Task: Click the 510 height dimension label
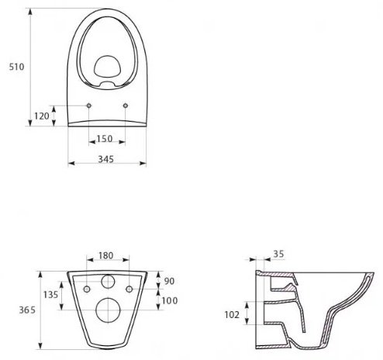[x=16, y=67]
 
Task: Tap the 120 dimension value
[x=42, y=116]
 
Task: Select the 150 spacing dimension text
[x=105, y=139]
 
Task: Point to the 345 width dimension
[x=106, y=159]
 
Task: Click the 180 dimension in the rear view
[x=106, y=255]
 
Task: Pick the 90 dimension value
[x=169, y=281]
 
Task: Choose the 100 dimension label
[x=170, y=300]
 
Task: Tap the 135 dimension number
[x=50, y=295]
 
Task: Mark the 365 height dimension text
[x=27, y=310]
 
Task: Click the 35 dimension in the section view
[x=278, y=254]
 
